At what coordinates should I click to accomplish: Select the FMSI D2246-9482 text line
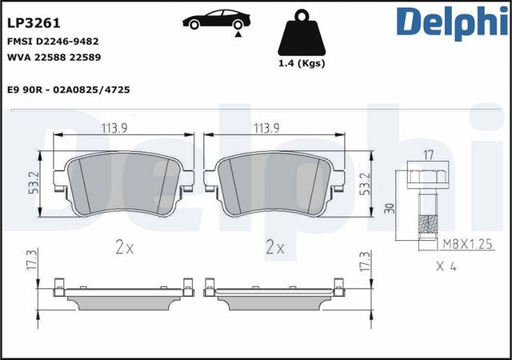[54, 42]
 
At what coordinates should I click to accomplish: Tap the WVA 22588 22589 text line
[54, 58]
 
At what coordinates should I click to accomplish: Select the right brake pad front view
[277, 186]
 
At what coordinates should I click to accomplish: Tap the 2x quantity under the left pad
[123, 247]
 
